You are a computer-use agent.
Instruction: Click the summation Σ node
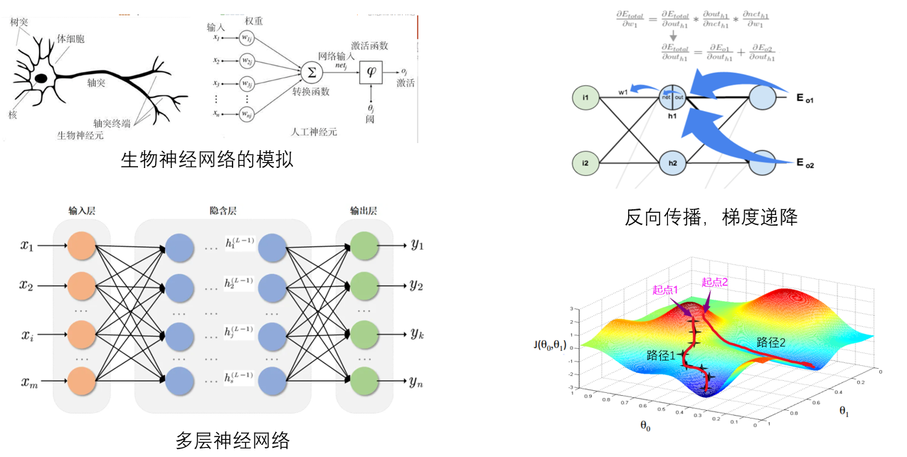tap(309, 72)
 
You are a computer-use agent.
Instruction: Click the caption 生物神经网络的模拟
tap(207, 159)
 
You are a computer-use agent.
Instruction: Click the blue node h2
tap(672, 163)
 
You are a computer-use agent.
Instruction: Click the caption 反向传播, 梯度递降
tap(711, 217)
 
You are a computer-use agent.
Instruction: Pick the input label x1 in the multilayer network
tap(27, 246)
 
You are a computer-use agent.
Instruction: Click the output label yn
tap(417, 383)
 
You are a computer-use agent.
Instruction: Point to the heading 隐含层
tap(222, 211)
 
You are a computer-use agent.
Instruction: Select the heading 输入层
tap(82, 211)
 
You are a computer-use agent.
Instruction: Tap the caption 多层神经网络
tap(233, 441)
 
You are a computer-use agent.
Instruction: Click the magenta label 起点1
tap(666, 290)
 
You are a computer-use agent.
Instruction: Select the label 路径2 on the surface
tap(771, 342)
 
